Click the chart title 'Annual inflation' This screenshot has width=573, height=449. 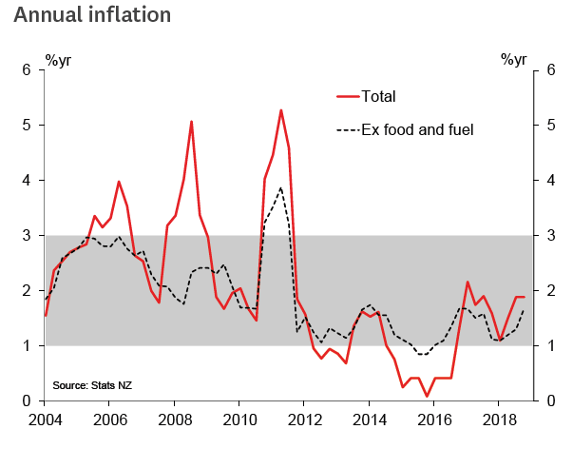(x=93, y=16)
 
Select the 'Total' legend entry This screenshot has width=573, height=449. (x=378, y=96)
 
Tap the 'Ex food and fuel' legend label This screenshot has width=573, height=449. (x=417, y=129)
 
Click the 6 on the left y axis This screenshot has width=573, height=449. (x=28, y=70)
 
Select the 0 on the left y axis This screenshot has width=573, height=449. (x=28, y=401)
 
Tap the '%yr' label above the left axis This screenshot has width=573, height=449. (x=58, y=61)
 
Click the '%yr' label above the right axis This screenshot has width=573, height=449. (x=516, y=61)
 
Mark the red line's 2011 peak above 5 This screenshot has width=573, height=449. (x=281, y=109)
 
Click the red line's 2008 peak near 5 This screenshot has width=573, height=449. (x=191, y=121)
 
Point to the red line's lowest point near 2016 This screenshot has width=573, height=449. (x=427, y=397)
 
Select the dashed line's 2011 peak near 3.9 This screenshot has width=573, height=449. (x=280, y=187)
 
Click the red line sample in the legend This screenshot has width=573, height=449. (x=348, y=96)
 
